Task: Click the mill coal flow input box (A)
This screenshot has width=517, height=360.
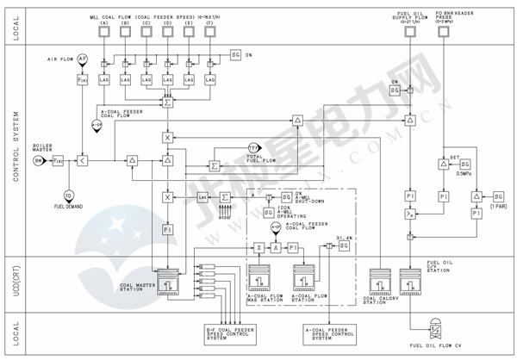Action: [x=103, y=32]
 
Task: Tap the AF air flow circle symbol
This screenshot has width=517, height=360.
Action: [x=83, y=58]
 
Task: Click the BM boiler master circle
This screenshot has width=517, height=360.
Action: [x=39, y=161]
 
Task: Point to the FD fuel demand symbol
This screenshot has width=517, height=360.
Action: [x=68, y=195]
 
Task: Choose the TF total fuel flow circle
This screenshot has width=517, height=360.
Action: [x=254, y=148]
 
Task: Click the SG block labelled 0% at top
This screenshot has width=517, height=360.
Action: [x=236, y=54]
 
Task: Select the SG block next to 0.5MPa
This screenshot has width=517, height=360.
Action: [x=465, y=164]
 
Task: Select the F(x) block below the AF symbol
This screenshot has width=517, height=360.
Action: [x=83, y=79]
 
